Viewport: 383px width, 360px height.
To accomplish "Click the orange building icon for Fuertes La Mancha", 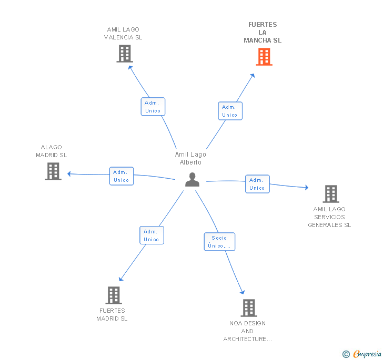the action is point(264,57).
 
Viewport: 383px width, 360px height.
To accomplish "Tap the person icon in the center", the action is point(192,180).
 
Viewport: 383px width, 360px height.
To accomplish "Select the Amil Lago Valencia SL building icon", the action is point(125,54).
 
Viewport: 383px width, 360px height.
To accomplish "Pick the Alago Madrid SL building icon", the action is point(53,171).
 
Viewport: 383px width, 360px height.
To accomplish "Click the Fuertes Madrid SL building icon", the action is point(114,295).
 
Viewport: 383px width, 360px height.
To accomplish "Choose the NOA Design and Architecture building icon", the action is point(249,308).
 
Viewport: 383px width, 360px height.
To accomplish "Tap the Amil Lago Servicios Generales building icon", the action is point(331,194).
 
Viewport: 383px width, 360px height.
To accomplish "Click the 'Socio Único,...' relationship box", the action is point(219,242).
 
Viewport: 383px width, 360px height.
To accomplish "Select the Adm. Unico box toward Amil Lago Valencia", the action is point(153,107).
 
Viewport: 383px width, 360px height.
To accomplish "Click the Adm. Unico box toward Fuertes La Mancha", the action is point(230,111).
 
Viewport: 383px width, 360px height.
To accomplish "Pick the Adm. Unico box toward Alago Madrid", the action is point(122,176).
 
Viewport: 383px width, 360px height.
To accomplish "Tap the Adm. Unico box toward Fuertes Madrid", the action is point(152,235).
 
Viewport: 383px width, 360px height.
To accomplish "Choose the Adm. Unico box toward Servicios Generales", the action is point(257,184).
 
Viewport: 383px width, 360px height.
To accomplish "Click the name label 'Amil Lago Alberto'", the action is point(190,158).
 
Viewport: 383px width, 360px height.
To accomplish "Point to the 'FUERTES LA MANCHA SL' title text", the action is point(263,33).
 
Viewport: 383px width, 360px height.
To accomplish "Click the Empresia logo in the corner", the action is point(362,354).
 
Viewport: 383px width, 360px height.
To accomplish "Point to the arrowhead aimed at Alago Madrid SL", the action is point(69,174).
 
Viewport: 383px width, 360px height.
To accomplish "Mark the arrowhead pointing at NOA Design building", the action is point(243,292).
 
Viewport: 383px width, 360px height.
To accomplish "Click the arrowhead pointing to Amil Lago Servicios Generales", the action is point(307,188).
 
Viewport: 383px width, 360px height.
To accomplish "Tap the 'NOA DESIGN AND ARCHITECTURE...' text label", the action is point(247,331).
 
